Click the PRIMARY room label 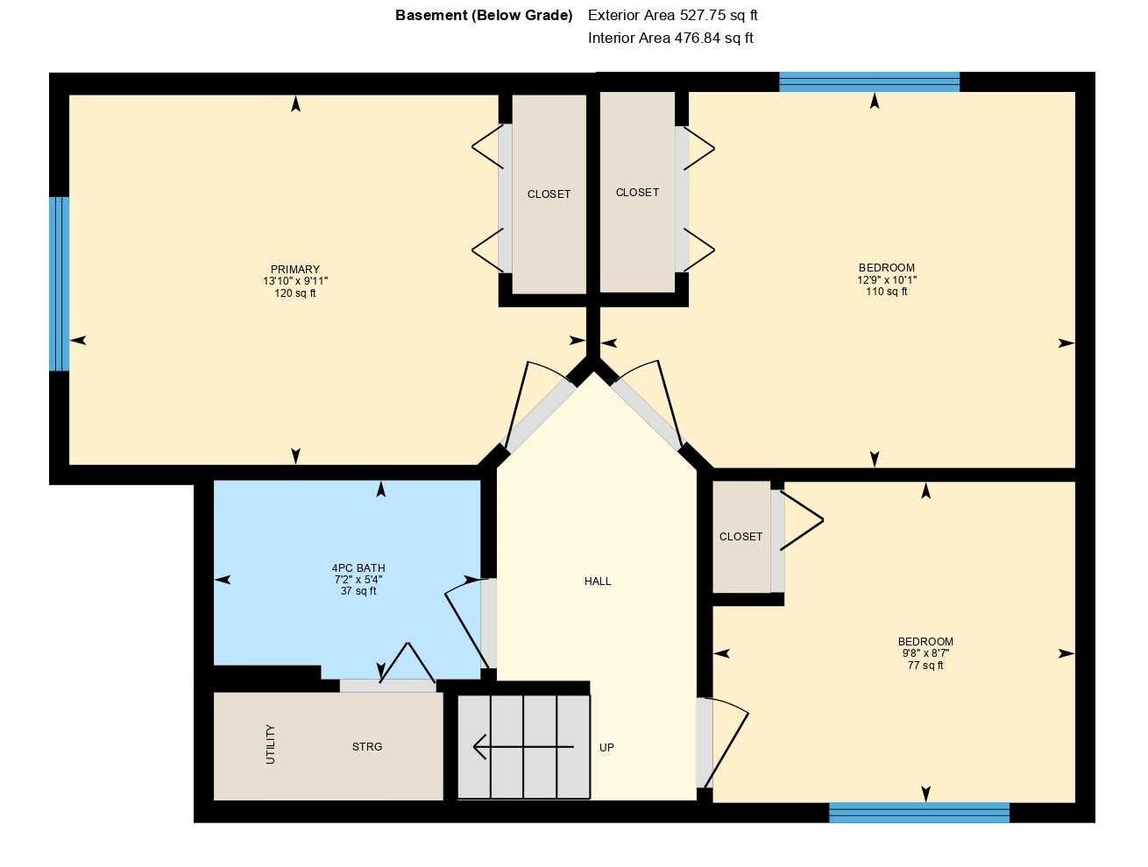pos(294,270)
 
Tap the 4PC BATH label pos(358,568)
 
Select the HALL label pos(598,582)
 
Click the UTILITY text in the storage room pos(271,744)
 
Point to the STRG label pos(367,747)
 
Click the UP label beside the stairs pos(606,748)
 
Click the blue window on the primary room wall pos(59,284)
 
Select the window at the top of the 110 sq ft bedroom pos(869,82)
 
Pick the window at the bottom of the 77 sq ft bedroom pos(919,813)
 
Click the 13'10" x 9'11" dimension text pos(295,281)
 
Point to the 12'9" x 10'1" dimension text pos(887,280)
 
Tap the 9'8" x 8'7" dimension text pos(925,653)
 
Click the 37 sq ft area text pos(358,591)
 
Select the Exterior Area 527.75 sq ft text pos(672,15)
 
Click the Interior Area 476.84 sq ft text pos(670,38)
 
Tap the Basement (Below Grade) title pos(484,15)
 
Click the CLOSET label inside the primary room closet pos(549,194)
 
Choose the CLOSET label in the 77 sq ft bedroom pos(741,537)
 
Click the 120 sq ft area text pos(295,293)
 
